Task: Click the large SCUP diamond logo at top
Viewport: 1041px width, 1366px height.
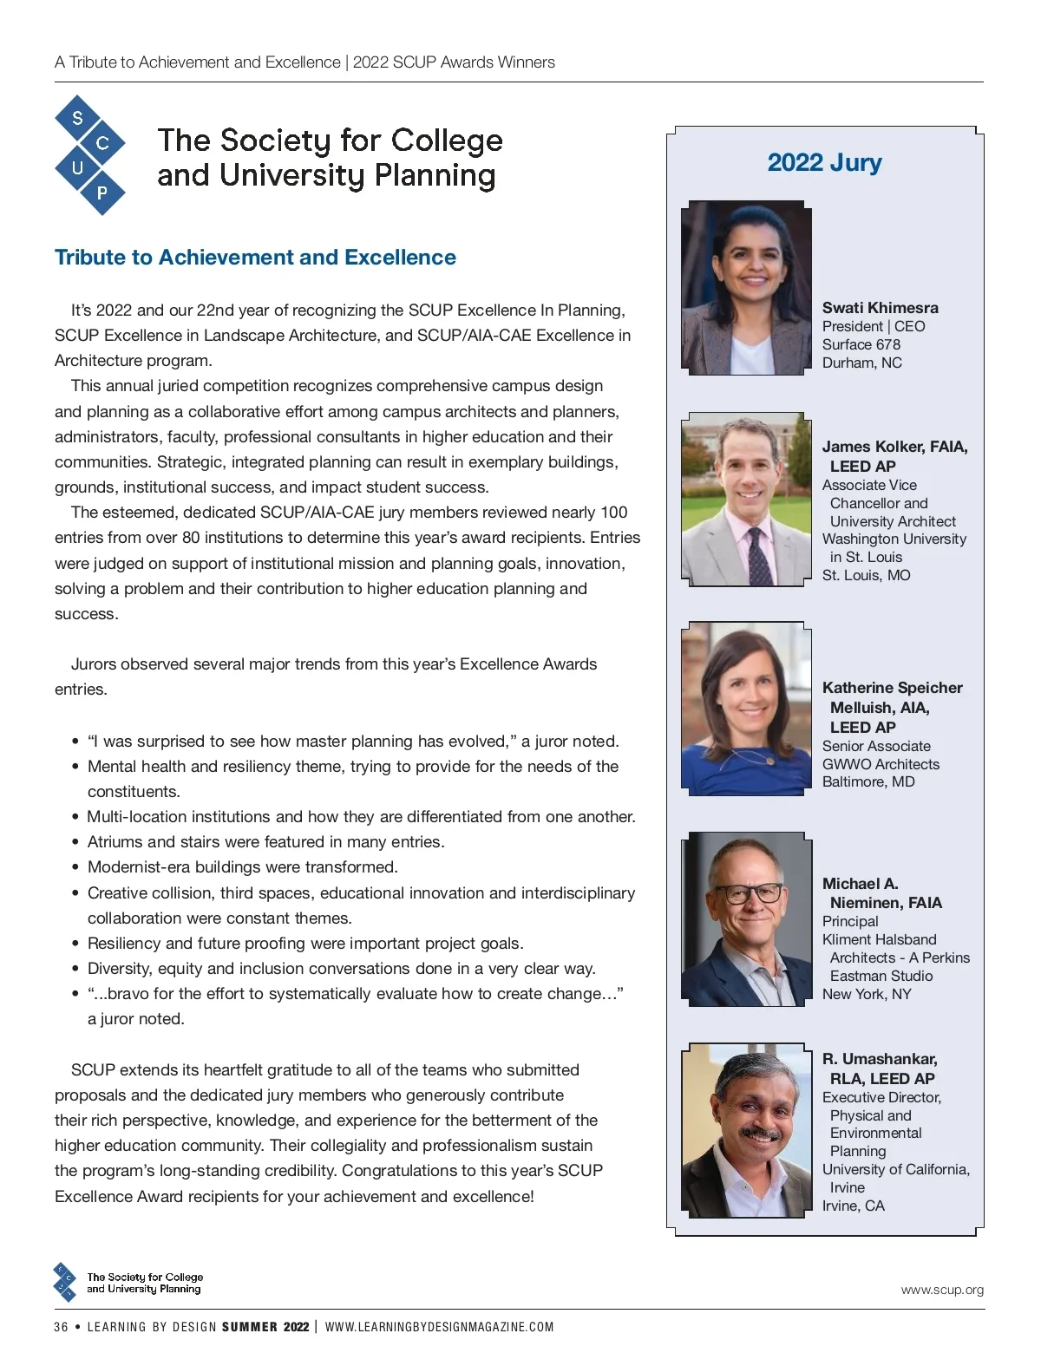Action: click(x=89, y=154)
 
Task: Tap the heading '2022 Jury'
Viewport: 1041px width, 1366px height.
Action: click(x=824, y=162)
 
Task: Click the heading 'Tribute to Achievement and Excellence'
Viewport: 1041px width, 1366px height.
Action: click(x=255, y=258)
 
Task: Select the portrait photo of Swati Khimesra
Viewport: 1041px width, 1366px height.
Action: click(x=746, y=288)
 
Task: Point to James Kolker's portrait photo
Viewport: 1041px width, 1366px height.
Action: click(x=746, y=499)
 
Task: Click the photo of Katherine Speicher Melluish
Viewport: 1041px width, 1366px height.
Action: click(x=746, y=708)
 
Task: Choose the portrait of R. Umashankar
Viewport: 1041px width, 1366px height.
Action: click(x=746, y=1129)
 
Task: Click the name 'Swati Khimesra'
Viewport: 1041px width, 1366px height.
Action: click(x=880, y=308)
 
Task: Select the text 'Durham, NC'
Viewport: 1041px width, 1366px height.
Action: click(x=861, y=363)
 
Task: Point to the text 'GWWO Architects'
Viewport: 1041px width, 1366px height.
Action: click(x=881, y=764)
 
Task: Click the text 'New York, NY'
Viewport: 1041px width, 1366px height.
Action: click(x=867, y=994)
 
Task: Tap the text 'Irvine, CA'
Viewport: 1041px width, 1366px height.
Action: click(x=853, y=1206)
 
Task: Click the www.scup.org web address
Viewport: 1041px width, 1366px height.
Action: click(x=942, y=1290)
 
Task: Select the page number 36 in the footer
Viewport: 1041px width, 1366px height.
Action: click(x=61, y=1327)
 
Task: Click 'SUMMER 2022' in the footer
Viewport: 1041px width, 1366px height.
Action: click(x=265, y=1327)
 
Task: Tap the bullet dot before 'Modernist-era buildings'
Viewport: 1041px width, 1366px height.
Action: click(x=75, y=867)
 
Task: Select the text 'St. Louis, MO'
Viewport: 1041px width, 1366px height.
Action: click(x=866, y=575)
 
